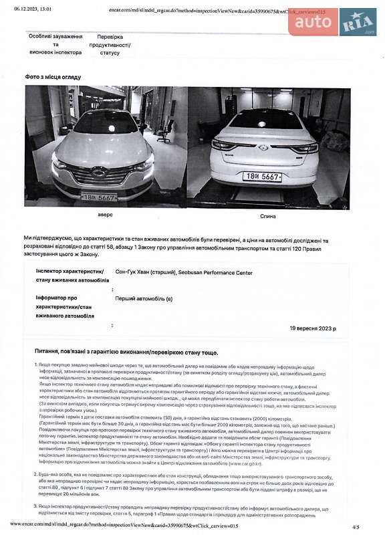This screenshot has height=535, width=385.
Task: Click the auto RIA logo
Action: click(332, 22)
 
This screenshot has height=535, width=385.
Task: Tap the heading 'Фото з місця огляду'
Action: click(53, 77)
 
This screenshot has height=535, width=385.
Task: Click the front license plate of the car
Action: click(99, 197)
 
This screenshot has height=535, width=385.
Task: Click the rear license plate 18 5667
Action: click(261, 177)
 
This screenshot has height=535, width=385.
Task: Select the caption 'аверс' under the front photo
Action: click(106, 215)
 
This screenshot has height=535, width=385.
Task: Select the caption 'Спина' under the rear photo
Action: click(267, 216)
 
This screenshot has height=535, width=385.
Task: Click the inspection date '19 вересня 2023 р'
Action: click(313, 328)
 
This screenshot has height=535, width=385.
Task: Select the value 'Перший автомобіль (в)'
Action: click(144, 298)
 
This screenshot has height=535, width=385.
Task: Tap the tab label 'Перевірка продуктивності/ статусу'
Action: click(114, 45)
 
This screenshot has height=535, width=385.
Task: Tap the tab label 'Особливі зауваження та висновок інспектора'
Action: click(55, 45)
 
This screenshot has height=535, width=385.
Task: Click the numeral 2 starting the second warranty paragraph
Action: click(35, 474)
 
